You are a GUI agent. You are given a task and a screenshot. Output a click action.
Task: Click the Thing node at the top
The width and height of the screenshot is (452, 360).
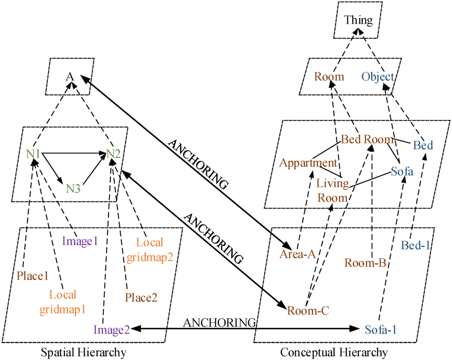[358, 20]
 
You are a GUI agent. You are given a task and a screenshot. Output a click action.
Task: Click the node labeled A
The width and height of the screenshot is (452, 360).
[69, 76]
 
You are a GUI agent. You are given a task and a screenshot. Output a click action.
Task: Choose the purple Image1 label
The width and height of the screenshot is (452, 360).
[79, 241]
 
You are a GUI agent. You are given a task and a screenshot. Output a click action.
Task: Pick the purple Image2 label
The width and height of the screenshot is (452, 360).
[111, 330]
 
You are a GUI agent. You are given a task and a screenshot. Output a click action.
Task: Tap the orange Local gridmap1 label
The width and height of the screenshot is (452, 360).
[62, 302]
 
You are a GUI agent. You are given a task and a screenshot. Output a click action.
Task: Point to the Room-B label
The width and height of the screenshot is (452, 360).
[365, 263]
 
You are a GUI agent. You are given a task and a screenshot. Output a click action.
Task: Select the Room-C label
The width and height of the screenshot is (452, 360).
[308, 310]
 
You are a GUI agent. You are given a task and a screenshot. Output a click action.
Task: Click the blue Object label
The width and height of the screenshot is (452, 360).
[378, 77]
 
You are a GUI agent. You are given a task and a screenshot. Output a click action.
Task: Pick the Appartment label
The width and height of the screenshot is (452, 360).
[305, 163]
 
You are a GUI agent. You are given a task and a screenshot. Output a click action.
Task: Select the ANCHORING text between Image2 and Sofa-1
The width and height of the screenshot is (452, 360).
[219, 323]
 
